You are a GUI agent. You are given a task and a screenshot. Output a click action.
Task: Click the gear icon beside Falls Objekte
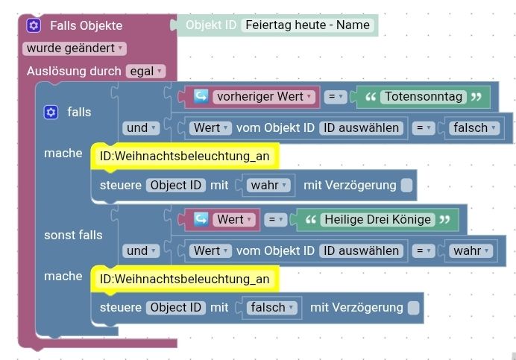[34, 25]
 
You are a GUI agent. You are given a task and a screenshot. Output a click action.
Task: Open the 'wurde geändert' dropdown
[75, 48]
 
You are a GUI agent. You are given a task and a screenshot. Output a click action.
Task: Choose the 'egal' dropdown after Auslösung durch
[145, 72]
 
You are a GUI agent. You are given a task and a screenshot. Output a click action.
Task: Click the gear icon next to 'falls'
[51, 112]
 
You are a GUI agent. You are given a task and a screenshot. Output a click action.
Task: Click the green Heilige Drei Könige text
[377, 220]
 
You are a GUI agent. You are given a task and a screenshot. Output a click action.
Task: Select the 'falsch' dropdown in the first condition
[474, 127]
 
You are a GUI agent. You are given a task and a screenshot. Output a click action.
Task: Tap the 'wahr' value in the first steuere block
[269, 184]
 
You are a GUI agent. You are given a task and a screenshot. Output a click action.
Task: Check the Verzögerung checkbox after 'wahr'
[406, 185]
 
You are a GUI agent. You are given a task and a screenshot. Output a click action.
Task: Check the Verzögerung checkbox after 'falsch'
[413, 308]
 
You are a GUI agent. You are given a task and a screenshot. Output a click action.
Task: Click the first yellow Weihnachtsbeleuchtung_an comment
[184, 156]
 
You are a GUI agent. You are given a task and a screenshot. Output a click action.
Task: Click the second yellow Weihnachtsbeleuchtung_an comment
[184, 279]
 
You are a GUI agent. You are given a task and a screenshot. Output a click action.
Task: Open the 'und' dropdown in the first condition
[142, 127]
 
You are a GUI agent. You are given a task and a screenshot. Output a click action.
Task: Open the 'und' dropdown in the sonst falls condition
[142, 250]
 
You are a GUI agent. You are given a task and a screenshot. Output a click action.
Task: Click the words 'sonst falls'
[73, 235]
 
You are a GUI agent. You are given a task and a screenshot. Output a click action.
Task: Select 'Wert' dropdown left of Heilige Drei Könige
[234, 220]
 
